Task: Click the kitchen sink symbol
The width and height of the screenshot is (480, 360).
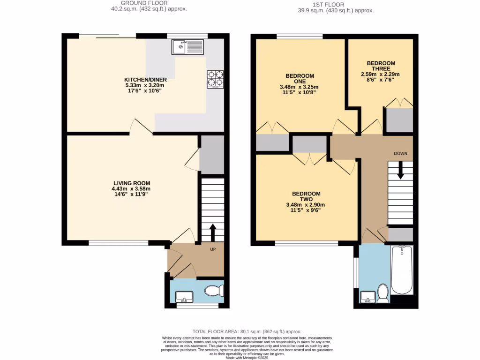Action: click(187, 47)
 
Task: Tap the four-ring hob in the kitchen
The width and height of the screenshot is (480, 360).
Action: click(215, 79)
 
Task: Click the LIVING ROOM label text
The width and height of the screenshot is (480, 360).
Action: click(132, 183)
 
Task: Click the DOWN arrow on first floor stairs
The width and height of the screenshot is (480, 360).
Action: click(400, 170)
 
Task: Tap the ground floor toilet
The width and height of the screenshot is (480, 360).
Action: click(215, 291)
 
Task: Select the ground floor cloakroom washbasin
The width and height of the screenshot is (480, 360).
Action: click(183, 296)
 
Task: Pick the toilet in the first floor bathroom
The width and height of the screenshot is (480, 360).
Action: click(383, 294)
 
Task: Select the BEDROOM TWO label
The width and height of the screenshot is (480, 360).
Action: click(306, 197)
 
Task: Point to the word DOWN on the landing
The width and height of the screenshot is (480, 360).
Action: click(400, 153)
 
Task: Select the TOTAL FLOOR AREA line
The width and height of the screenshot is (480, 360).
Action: click(247, 331)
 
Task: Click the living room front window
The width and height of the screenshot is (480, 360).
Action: click(119, 243)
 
